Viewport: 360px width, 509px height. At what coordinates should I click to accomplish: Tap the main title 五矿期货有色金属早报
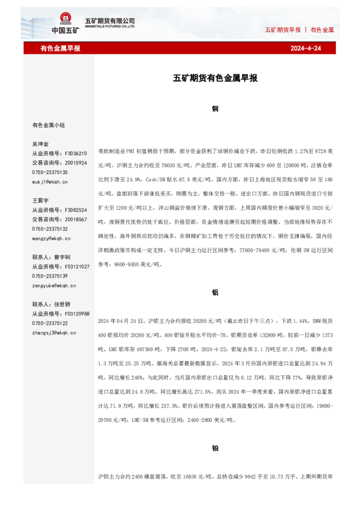point(215,78)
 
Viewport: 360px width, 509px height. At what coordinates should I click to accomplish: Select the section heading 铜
point(215,109)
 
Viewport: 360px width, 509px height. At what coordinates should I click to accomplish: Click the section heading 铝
point(215,292)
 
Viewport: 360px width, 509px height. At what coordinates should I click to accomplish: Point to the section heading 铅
point(215,449)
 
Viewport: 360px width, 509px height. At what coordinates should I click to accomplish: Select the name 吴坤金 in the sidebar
point(40,144)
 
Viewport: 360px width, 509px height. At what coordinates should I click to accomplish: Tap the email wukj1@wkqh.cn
point(50,181)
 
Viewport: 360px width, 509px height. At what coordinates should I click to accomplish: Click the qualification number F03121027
point(76,267)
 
